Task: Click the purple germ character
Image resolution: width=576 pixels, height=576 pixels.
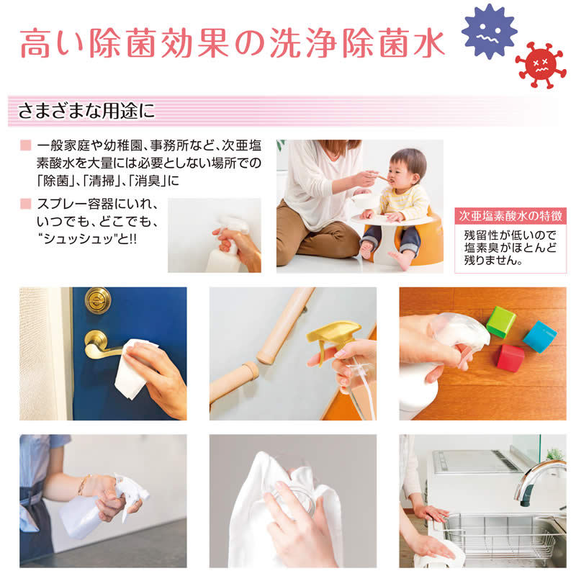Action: (x=490, y=32)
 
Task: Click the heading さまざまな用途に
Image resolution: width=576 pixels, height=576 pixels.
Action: (x=86, y=111)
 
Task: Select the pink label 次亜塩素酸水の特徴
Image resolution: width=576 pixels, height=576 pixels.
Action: (x=510, y=216)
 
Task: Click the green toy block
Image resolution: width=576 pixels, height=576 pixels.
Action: (x=501, y=322)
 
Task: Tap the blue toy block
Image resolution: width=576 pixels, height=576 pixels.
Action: (x=539, y=336)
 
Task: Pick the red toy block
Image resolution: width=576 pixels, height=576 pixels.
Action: (x=510, y=358)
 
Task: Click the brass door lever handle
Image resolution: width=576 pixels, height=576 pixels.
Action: (x=101, y=346)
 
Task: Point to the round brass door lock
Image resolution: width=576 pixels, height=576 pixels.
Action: (x=98, y=300)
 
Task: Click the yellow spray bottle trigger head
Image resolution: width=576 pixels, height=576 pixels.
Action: (x=333, y=334)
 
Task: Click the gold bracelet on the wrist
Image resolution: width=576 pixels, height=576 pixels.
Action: (x=84, y=485)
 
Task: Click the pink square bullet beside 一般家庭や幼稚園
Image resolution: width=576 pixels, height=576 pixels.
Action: (x=26, y=145)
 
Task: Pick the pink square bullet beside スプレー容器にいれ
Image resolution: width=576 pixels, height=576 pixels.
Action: (x=26, y=204)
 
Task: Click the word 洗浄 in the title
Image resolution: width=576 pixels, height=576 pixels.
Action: (x=303, y=44)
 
